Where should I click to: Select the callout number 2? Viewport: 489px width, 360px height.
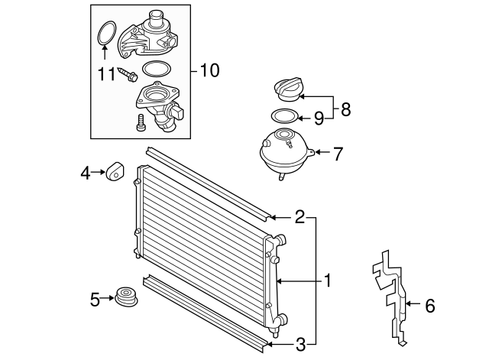pyautogui.click(x=300, y=216)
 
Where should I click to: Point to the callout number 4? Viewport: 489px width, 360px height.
pyautogui.click(x=86, y=174)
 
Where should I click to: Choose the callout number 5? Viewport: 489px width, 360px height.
pyautogui.click(x=96, y=300)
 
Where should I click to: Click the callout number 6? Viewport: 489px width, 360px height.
pyautogui.click(x=429, y=306)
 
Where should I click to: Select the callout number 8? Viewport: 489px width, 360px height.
pyautogui.click(x=345, y=109)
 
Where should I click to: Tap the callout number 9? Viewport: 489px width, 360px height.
pyautogui.click(x=320, y=118)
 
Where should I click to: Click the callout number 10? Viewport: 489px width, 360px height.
pyautogui.click(x=208, y=71)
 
